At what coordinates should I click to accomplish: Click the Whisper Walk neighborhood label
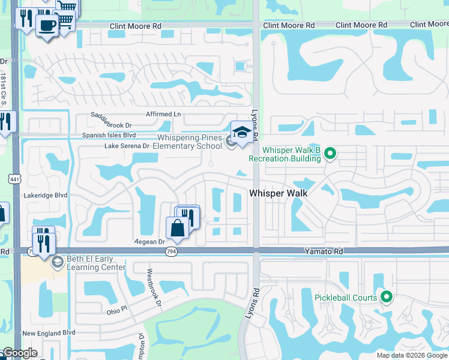coord(278,193)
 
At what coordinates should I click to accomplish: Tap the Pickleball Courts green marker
coord(387,297)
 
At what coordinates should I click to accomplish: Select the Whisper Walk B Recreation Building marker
coord(330,155)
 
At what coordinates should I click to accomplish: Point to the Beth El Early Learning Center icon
coord(57,262)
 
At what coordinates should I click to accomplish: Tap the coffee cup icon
coord(46,26)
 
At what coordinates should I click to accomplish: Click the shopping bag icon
coord(178,228)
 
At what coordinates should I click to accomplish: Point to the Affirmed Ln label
coord(163,113)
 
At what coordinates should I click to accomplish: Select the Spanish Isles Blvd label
coord(109,136)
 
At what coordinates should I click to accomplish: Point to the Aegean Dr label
coord(149,241)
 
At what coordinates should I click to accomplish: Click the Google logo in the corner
coord(19,353)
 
